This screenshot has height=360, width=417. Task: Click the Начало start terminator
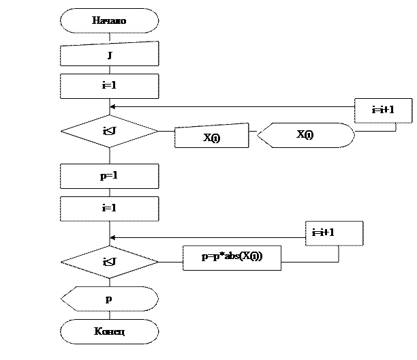point(109,20)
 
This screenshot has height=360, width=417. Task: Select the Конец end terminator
point(109,332)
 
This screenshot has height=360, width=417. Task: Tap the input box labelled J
point(109,54)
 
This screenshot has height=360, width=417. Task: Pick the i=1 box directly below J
point(109,86)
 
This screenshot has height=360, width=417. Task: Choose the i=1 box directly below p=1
point(109,209)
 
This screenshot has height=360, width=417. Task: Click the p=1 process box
point(109,176)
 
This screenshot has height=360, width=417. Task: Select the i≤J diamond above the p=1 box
point(109,131)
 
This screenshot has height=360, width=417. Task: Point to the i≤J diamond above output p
point(109,262)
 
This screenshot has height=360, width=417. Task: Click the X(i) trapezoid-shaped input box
point(211,136)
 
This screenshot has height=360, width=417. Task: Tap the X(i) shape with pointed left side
point(305,135)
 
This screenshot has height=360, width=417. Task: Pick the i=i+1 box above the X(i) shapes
point(383,110)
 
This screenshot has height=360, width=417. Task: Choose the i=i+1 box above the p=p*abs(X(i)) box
point(333,233)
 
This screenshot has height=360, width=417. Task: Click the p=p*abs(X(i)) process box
point(232,257)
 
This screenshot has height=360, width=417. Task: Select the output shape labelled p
point(109,299)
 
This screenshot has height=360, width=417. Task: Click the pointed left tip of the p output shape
point(62,299)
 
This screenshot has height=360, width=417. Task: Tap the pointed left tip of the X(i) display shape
point(258,135)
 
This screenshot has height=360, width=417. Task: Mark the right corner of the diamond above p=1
point(157,131)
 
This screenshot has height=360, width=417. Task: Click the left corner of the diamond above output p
point(62,262)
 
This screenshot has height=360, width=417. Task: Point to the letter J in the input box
point(109,55)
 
